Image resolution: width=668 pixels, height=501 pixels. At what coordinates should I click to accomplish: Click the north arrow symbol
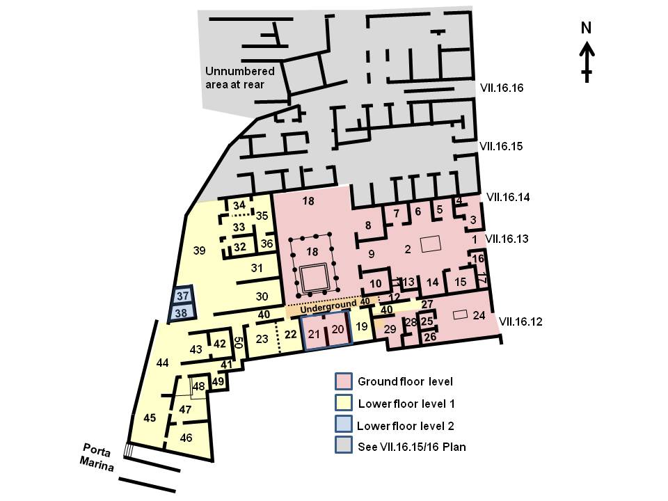click(x=587, y=59)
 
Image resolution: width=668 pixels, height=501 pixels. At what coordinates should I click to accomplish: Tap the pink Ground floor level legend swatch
click(x=343, y=381)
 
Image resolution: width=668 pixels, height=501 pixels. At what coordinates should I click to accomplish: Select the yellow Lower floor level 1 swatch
click(x=343, y=403)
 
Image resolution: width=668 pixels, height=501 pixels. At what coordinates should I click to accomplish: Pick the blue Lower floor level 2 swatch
click(x=343, y=424)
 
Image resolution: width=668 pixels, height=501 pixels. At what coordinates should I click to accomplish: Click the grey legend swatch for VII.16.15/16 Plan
click(x=343, y=446)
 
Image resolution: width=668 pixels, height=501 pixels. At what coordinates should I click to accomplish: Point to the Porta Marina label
click(x=97, y=456)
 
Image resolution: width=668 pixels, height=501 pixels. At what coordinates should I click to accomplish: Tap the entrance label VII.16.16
click(x=501, y=88)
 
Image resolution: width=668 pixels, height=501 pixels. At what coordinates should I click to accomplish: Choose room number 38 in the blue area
click(x=181, y=313)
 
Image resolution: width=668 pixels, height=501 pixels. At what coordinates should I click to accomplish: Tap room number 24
click(x=478, y=315)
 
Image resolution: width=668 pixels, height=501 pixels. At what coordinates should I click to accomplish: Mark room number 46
click(x=186, y=438)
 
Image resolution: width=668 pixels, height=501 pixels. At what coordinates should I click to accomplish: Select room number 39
click(x=200, y=250)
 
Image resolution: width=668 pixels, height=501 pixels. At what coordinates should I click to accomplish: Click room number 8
click(x=369, y=225)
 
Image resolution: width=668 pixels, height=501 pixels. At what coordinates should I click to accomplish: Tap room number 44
click(x=163, y=362)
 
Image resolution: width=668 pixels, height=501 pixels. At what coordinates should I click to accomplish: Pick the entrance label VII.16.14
click(x=508, y=197)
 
